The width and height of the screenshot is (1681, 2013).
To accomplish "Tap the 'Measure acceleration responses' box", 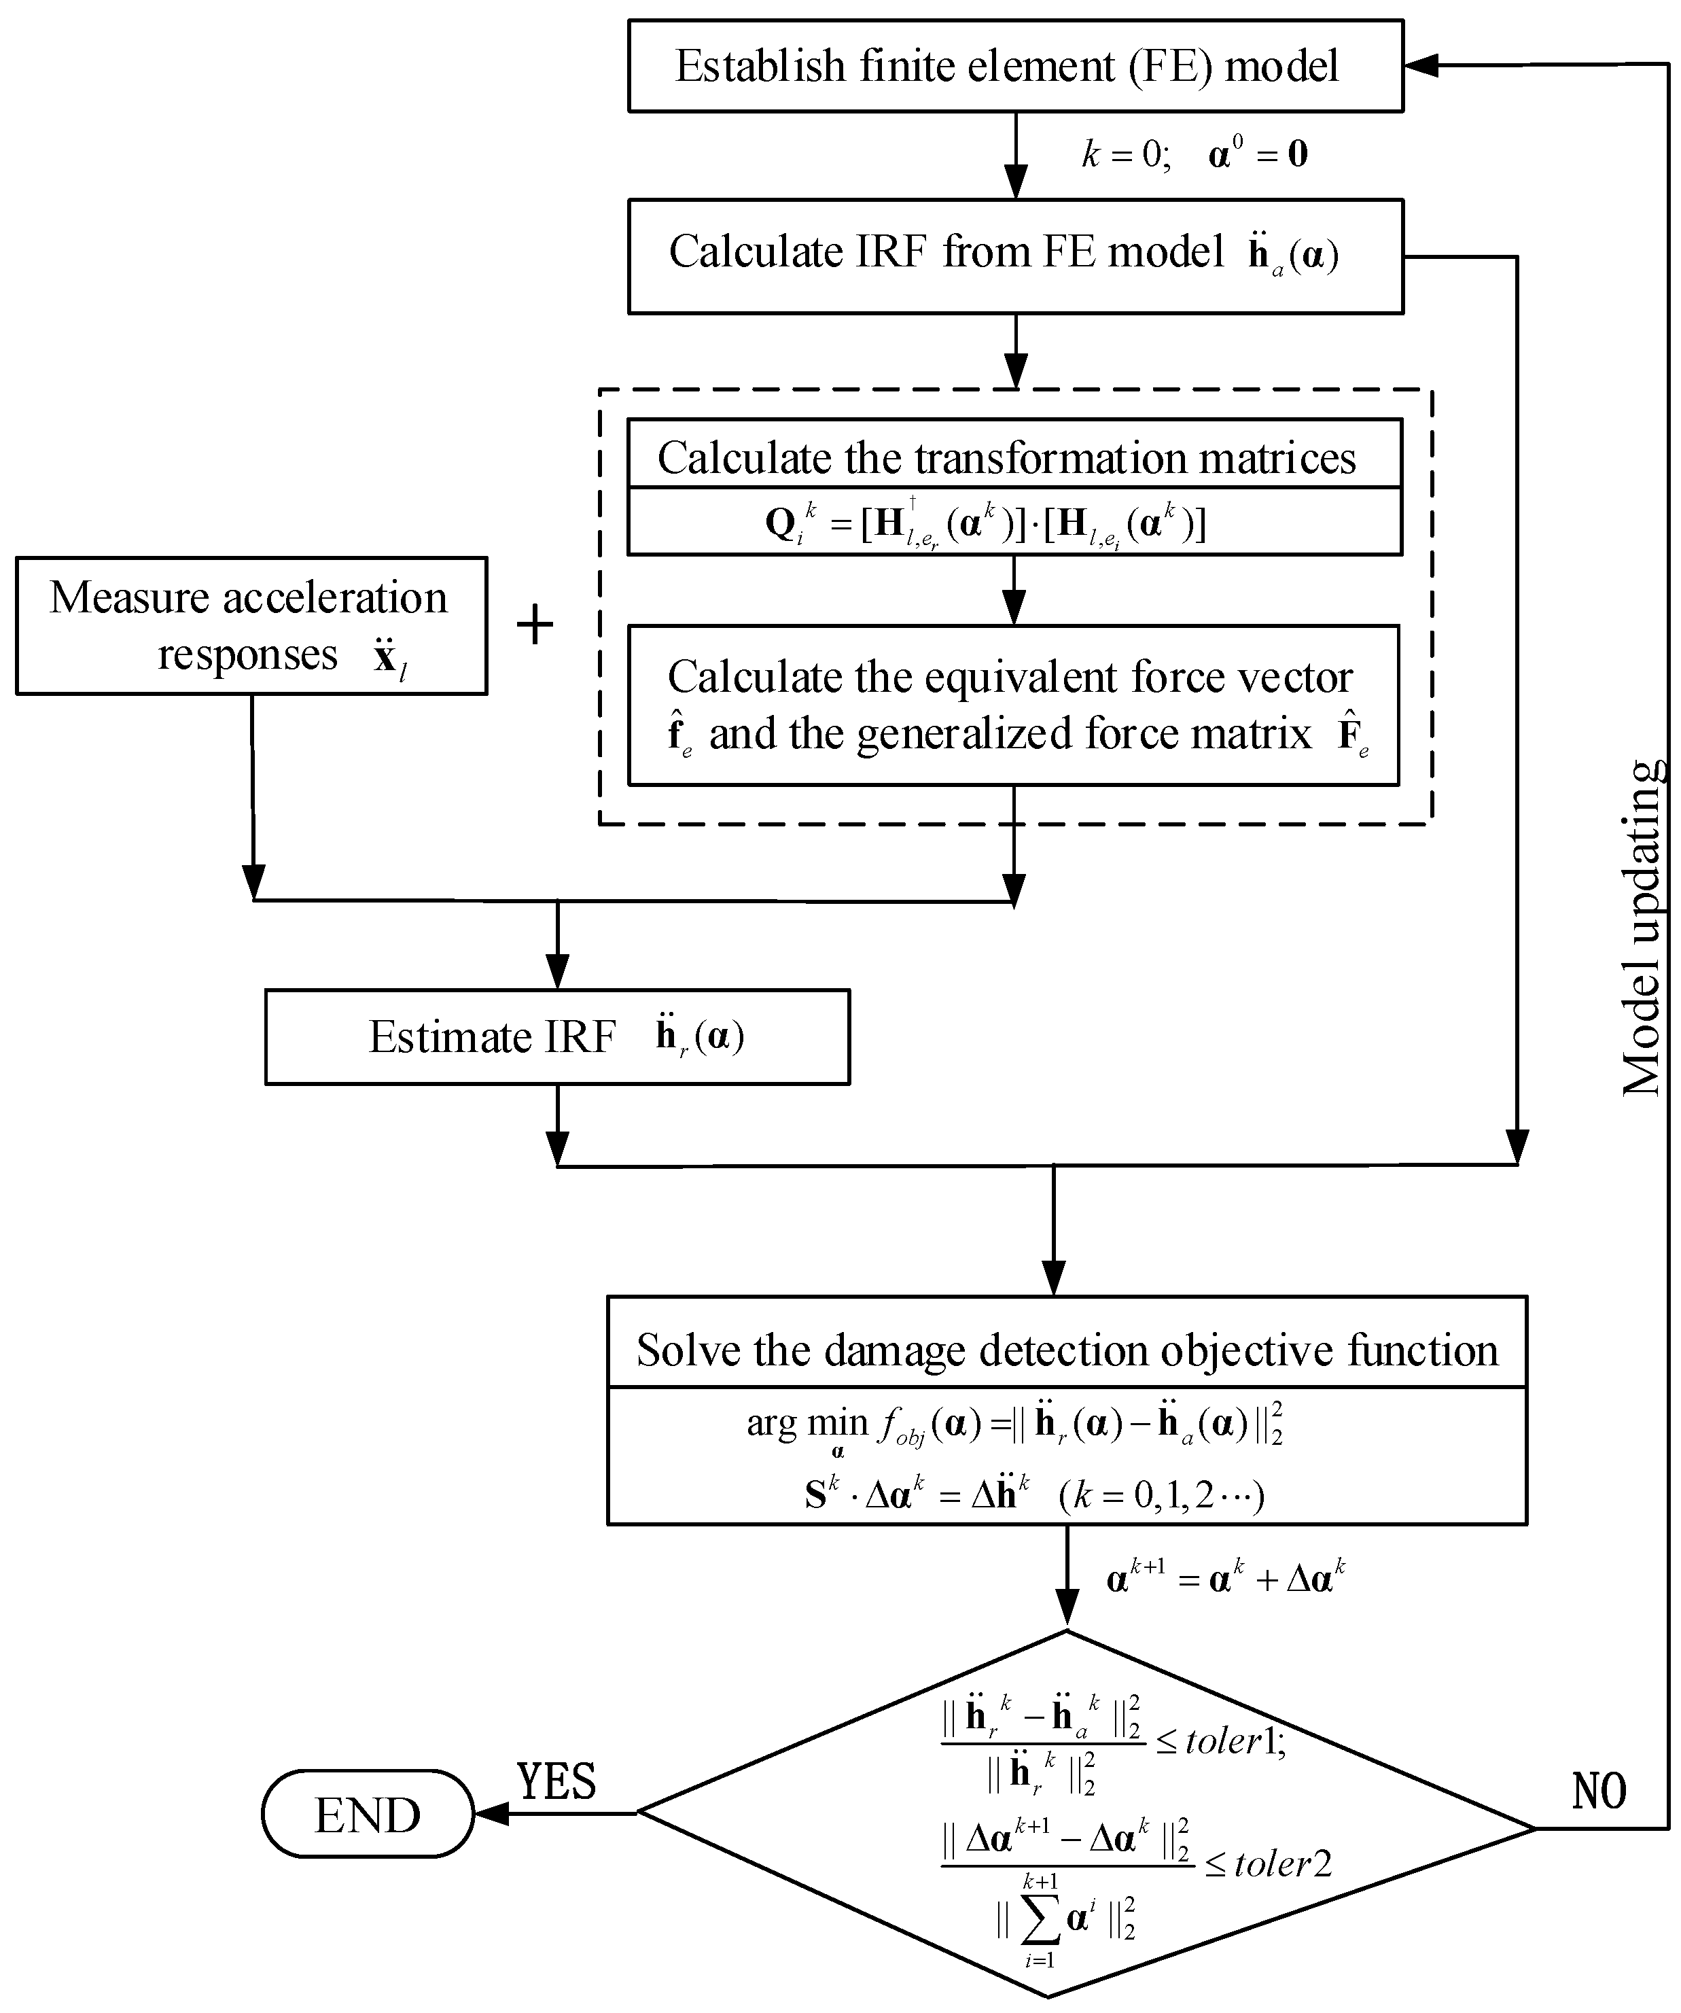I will coord(251,625).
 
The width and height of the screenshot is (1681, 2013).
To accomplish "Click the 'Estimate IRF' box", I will coord(556,1037).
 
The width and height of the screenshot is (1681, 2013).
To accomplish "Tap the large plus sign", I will coord(535,626).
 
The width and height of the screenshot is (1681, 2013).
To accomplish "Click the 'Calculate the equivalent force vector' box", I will coord(1013,705).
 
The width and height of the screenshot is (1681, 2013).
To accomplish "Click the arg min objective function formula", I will coord(1014,1425).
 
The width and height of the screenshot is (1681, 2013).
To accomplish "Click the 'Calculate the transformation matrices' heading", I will coord(1006,457).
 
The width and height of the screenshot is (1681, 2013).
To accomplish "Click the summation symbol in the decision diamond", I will coord(1040,1920).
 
